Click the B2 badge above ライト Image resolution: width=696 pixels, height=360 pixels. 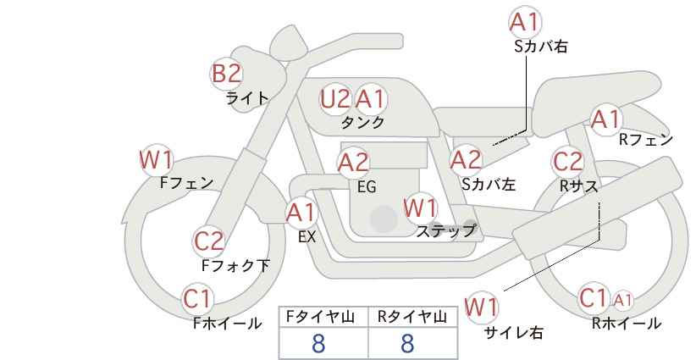coord(226,74)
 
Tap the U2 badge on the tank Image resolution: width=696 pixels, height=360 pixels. coord(334,99)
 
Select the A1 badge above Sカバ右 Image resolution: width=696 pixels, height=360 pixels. coord(524,22)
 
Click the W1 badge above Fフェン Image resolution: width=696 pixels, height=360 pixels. coord(156,158)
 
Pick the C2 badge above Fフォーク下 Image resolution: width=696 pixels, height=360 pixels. coord(208,241)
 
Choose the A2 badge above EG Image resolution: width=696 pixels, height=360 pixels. coord(353,162)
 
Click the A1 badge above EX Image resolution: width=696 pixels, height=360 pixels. coord(301,211)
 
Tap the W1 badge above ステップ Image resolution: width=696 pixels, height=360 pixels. coord(420,208)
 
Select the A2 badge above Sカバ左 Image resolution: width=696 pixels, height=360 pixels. coord(466,158)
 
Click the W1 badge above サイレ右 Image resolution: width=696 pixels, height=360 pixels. coord(482,307)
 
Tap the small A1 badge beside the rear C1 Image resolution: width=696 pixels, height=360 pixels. coord(622,299)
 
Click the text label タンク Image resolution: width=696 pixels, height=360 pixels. coord(363,123)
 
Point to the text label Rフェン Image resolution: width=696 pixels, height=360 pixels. coord(645,140)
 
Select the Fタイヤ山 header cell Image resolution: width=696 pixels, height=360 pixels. coord(323,318)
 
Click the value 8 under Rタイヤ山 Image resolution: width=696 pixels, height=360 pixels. coord(407,343)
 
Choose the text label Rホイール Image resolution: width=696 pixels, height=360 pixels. coord(626,323)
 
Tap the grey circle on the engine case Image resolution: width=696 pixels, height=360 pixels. coord(384,219)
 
